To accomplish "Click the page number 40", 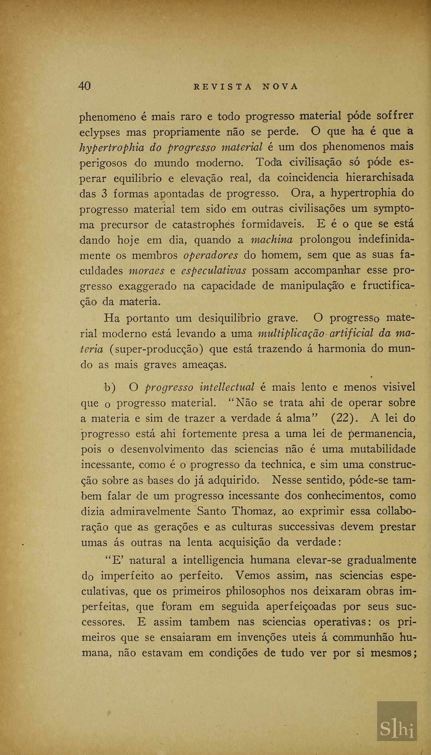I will [x=85, y=86].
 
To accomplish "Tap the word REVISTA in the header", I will [x=223, y=87].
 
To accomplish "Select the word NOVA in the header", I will [x=281, y=87].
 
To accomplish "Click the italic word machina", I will [x=271, y=240].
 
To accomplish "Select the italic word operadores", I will [x=211, y=255].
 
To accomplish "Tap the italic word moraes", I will [x=146, y=271].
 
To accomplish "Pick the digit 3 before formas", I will [x=104, y=194].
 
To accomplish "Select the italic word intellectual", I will [x=227, y=387].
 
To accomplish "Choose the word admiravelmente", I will [x=150, y=512].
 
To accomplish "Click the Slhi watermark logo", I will [x=397, y=721].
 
